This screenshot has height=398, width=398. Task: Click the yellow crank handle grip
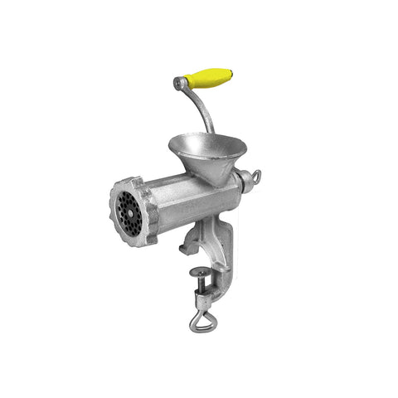(209, 78)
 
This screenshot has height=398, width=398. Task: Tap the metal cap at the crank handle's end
(180, 83)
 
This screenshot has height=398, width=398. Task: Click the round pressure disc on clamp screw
(201, 271)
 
